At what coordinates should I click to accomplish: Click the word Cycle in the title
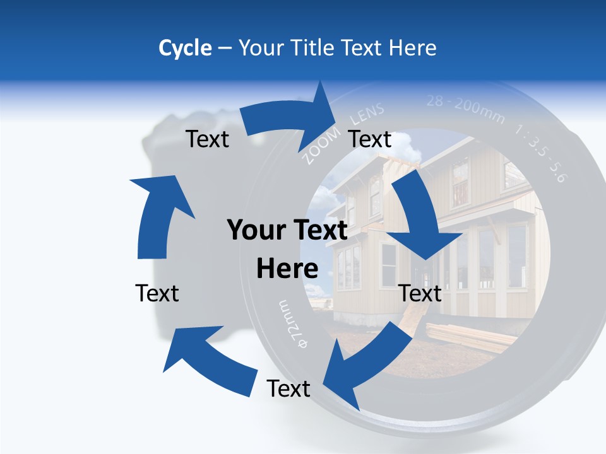click(185, 48)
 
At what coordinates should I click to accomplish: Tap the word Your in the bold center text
click(255, 231)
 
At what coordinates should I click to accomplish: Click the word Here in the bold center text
click(287, 269)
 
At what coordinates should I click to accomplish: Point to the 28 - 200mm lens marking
click(465, 108)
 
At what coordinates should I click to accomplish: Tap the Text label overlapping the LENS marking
click(370, 139)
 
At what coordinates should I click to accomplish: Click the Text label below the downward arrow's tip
click(420, 293)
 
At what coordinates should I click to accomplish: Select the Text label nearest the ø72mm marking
click(288, 388)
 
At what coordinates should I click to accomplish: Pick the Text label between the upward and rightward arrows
click(208, 139)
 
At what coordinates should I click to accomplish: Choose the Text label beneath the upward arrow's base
click(157, 293)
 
